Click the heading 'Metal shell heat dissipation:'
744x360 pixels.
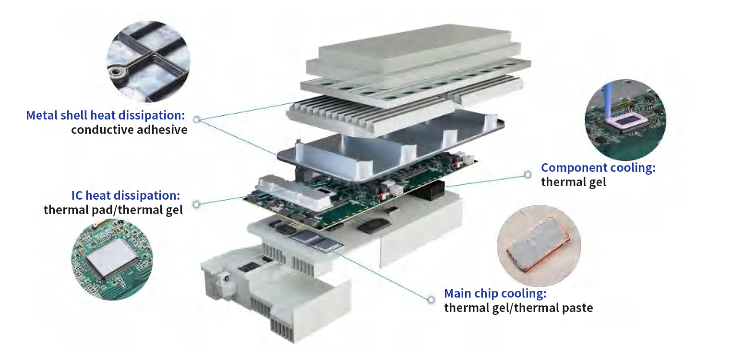click(105, 115)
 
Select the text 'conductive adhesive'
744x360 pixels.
click(129, 130)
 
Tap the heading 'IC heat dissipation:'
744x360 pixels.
click(126, 195)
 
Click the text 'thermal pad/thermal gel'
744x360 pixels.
click(113, 210)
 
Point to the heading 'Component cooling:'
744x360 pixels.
click(598, 168)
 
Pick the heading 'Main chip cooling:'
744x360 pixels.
click(495, 294)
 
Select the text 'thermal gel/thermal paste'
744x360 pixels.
click(518, 308)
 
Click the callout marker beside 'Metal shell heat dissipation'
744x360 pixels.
click(197, 119)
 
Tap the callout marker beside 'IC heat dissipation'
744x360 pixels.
click(196, 204)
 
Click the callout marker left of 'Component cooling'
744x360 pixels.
click(528, 174)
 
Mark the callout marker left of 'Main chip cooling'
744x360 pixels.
click(431, 300)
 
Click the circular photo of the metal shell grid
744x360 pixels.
click(148, 61)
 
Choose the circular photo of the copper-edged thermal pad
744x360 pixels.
click(539, 246)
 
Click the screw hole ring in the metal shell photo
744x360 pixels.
click(115, 72)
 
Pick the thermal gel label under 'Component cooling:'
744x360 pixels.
click(574, 182)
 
